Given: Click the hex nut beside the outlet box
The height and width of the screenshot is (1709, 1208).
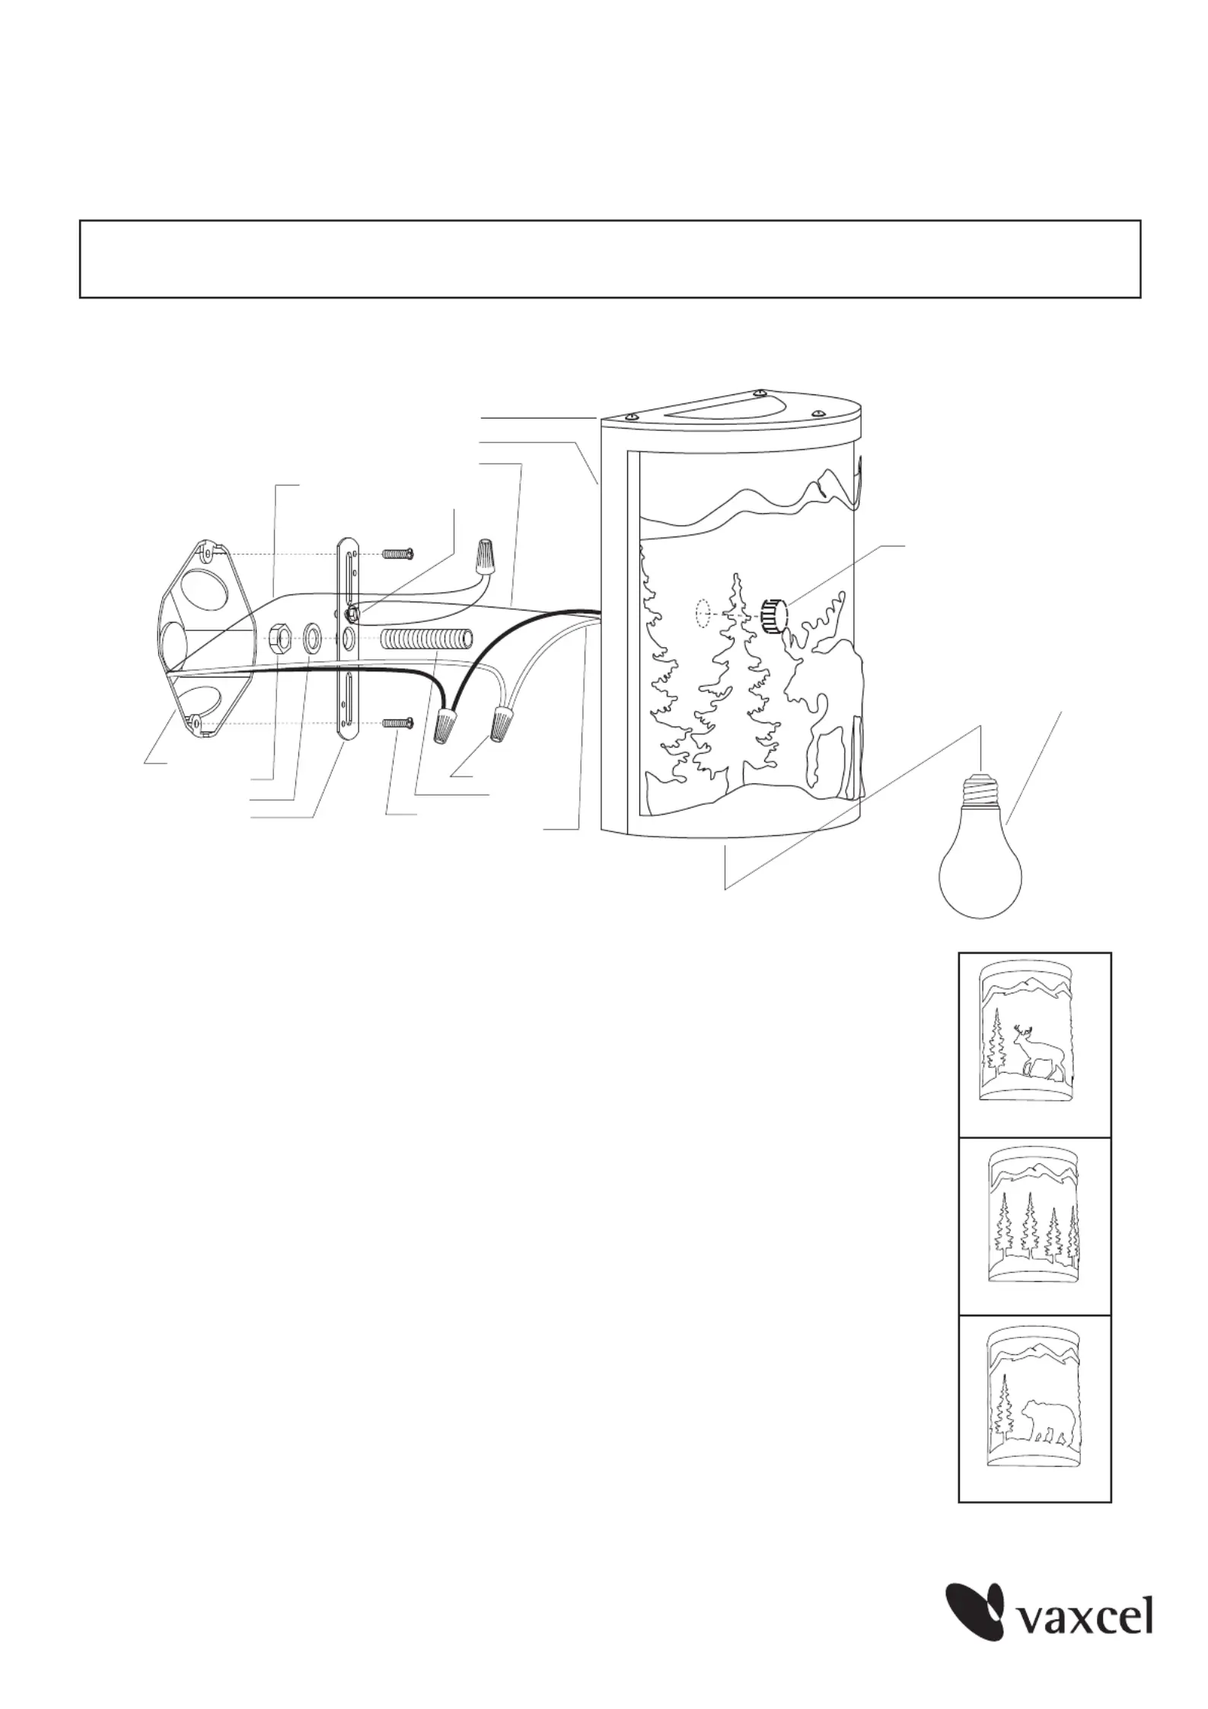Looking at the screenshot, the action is click(x=279, y=636).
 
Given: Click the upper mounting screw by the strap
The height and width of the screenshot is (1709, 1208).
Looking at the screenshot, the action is click(x=397, y=553).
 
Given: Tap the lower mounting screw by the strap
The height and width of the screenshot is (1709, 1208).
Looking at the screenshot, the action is click(x=397, y=721).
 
